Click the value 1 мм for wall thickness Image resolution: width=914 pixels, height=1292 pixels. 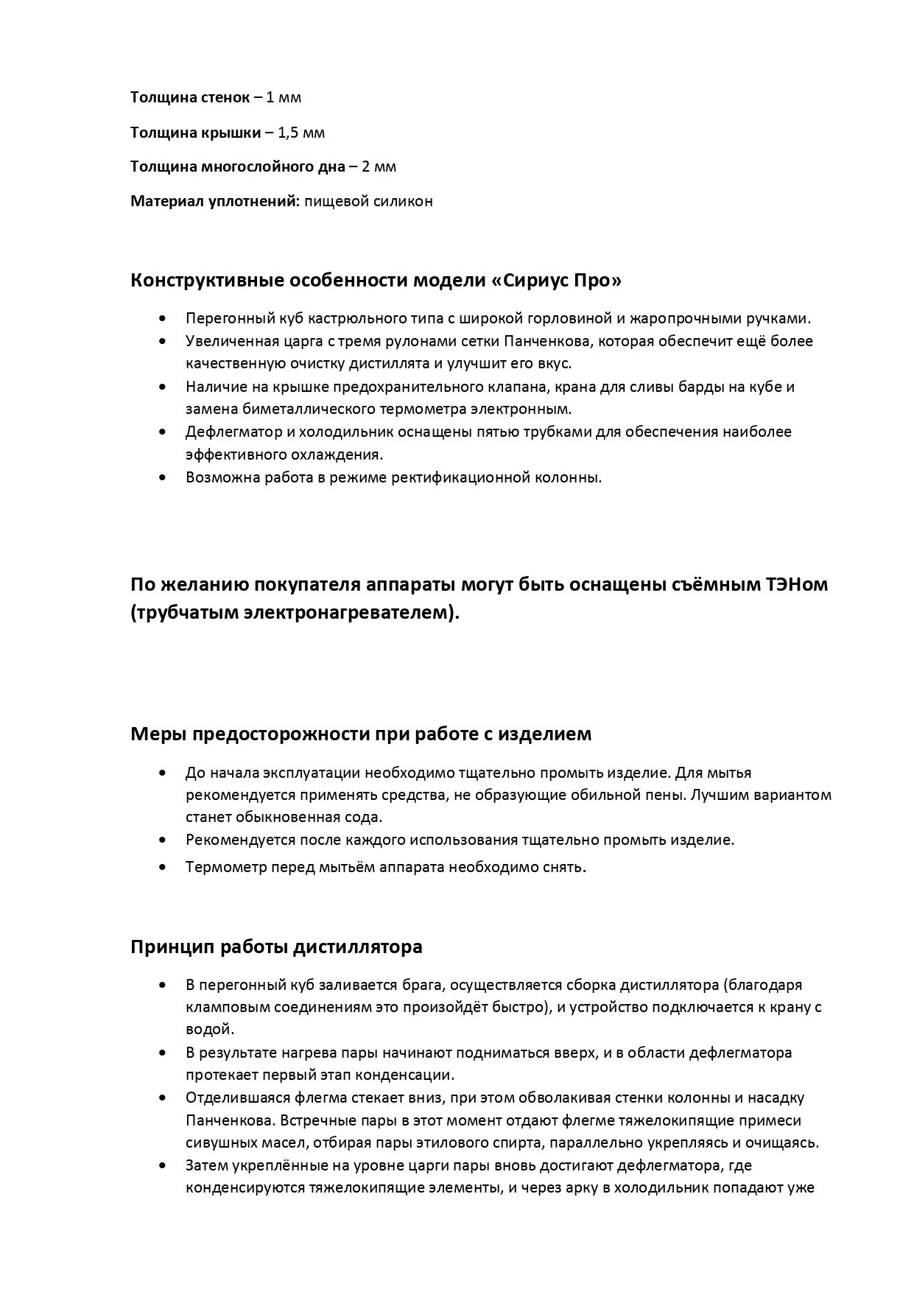click(284, 97)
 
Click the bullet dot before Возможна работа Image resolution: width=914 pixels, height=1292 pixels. click(162, 477)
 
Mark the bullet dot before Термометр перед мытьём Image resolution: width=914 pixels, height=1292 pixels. click(162, 867)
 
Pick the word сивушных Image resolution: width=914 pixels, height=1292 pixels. click(219, 1142)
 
